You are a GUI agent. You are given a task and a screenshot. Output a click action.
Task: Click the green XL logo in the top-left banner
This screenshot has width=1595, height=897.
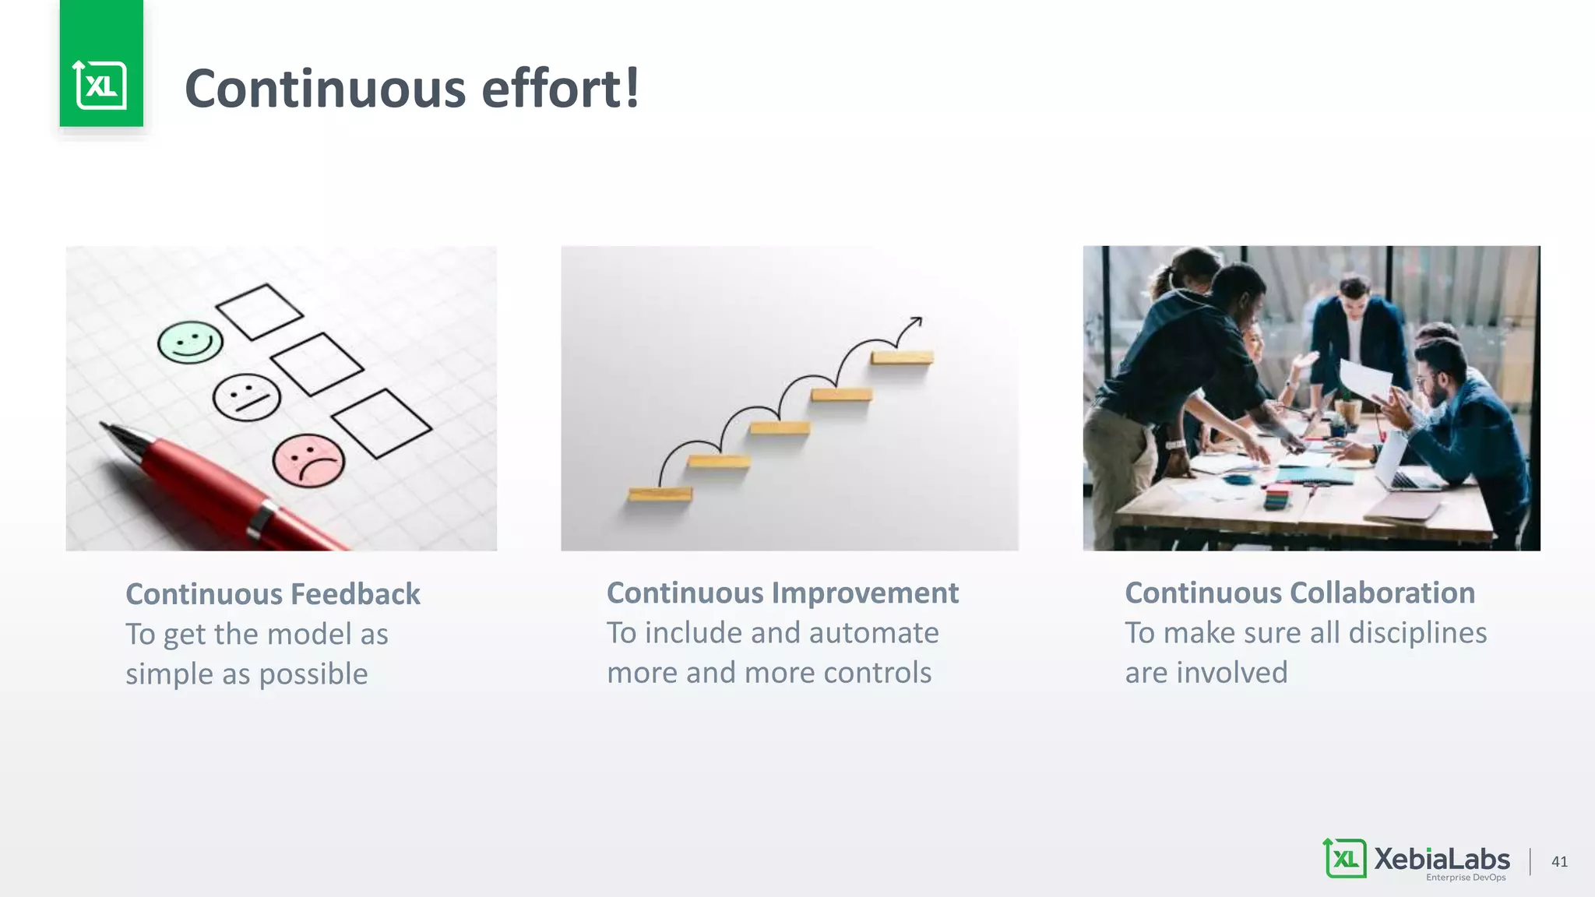point(100,85)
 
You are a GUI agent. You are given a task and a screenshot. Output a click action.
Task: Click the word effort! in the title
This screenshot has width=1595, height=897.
point(561,88)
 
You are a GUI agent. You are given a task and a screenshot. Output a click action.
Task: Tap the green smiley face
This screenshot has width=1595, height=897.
point(190,343)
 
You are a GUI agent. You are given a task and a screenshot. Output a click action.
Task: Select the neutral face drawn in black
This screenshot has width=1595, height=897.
point(246,397)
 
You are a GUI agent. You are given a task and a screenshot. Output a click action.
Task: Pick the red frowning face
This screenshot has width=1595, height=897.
point(308,461)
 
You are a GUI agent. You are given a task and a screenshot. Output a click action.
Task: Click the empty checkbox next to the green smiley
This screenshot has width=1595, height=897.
point(259,311)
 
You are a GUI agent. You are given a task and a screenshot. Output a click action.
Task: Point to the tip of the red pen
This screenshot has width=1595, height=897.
point(104,427)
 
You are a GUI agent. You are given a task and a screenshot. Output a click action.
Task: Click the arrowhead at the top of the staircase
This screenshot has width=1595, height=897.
point(917,320)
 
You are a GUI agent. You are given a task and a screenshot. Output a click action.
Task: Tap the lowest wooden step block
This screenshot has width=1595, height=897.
point(660,494)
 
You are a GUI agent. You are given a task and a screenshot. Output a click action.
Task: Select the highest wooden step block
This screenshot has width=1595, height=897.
point(902,358)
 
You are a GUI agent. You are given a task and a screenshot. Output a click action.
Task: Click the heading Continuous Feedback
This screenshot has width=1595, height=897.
point(273,594)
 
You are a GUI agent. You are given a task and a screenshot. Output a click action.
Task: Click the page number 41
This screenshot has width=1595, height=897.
point(1559,861)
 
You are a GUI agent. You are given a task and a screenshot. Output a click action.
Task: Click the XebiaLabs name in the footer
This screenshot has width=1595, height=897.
point(1441,858)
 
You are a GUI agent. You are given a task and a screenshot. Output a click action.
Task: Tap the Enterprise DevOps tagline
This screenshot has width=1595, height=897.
point(1466,878)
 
